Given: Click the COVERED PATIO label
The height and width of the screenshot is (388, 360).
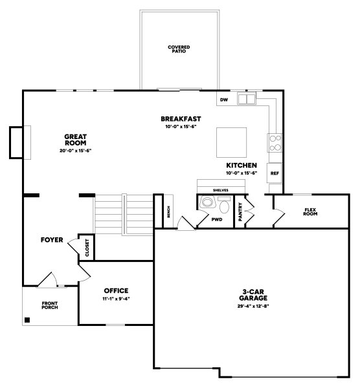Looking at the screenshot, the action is tap(179, 49).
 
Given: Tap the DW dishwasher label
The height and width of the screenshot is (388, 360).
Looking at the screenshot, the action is tap(224, 100).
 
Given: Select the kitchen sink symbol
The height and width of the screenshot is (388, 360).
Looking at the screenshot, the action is tap(247, 99).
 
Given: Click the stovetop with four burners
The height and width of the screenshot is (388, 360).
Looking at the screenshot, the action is tap(275, 143).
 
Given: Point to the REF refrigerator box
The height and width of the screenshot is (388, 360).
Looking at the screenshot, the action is tap(275, 173).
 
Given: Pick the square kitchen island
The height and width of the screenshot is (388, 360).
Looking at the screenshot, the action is tap(231, 142).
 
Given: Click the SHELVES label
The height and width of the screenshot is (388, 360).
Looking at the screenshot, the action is tap(221, 190).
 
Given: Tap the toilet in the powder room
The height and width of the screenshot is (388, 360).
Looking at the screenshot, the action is tap(225, 205).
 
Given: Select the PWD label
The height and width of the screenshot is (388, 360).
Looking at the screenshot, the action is tap(217, 219).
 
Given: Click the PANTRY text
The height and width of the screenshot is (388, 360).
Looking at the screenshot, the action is tap(240, 212).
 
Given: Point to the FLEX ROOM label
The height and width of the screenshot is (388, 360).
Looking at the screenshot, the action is tap(310, 212).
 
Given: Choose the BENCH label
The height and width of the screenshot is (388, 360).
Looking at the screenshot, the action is tap(168, 212).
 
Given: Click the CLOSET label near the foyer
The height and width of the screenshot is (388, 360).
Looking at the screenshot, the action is tap(87, 248).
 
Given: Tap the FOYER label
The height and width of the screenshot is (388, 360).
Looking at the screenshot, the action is tap(52, 240).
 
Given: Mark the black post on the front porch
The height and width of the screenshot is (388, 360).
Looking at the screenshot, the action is tap(27, 320).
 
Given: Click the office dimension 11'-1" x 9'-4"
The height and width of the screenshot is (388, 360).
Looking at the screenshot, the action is tap(116, 299).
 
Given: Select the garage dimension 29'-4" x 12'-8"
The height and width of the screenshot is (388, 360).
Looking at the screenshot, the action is tap(253, 306).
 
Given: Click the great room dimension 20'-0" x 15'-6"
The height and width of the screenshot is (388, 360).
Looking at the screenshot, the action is tap(76, 151).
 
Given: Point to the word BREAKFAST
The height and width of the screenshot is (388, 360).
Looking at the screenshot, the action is tap(181, 119).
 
